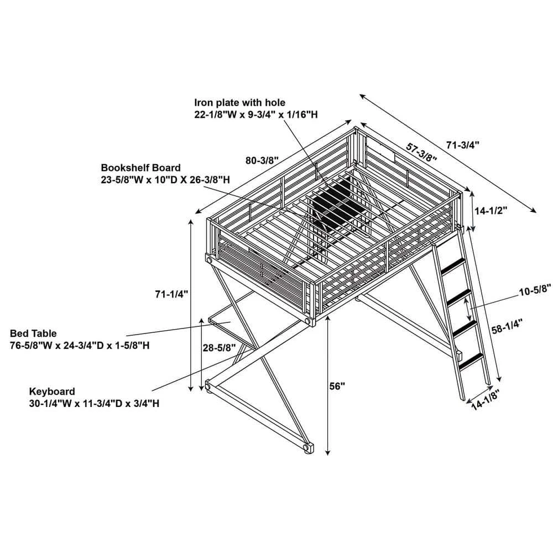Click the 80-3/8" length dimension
(x=262, y=160)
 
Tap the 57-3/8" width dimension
(x=421, y=153)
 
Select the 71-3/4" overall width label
(x=463, y=145)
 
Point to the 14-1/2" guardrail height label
(x=491, y=211)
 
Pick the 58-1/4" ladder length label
(x=507, y=326)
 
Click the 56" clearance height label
(x=337, y=386)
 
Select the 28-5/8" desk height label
(x=219, y=348)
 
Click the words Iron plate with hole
(x=240, y=103)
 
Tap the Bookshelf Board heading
(x=140, y=168)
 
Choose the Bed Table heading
(x=33, y=333)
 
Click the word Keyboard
(x=52, y=392)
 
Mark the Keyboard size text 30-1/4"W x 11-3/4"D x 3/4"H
(x=94, y=403)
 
